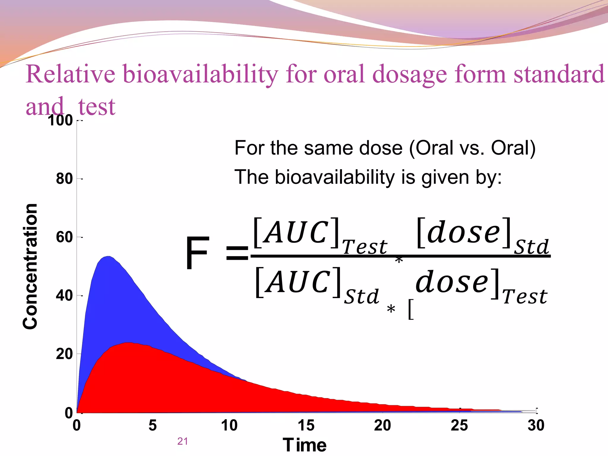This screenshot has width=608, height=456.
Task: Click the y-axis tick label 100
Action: pos(61,121)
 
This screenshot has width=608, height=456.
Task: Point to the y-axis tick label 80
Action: pos(64,179)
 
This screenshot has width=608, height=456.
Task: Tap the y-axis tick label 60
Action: pos(64,237)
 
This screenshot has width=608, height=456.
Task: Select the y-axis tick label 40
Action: pos(64,296)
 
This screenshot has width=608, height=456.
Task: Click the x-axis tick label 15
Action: pos(306,425)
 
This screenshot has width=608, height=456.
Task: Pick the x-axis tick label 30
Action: pos(536,425)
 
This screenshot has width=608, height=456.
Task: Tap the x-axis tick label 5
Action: pos(153,425)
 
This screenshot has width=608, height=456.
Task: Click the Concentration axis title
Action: pos(30,266)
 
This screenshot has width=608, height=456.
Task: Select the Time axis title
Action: pos(305,445)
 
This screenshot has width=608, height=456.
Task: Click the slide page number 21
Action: pos(182,441)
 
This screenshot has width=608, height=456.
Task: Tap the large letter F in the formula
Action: pos(197,253)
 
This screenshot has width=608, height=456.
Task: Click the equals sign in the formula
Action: pos(237,254)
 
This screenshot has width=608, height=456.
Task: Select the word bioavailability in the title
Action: pos(200,74)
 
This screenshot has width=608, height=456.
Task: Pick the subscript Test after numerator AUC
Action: pos(365,247)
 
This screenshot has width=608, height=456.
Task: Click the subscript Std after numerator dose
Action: pos(531,247)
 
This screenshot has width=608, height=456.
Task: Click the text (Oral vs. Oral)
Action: pos(472,148)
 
